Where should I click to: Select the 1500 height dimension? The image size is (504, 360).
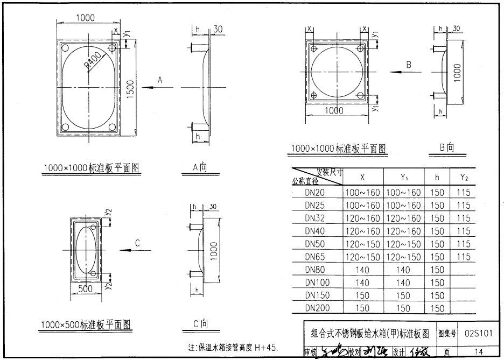[x=130, y=88]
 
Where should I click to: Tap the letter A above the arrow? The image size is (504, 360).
[x=160, y=80]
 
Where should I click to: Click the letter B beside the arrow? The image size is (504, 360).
[x=409, y=65]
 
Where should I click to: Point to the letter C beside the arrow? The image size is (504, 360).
[x=138, y=243]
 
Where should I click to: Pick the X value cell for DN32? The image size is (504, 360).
[x=362, y=218]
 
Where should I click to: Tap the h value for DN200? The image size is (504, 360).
[x=437, y=308]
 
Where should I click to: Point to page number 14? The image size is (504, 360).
[x=478, y=352]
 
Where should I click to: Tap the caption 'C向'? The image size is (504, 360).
[x=200, y=323]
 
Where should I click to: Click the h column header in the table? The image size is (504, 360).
[x=437, y=177]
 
